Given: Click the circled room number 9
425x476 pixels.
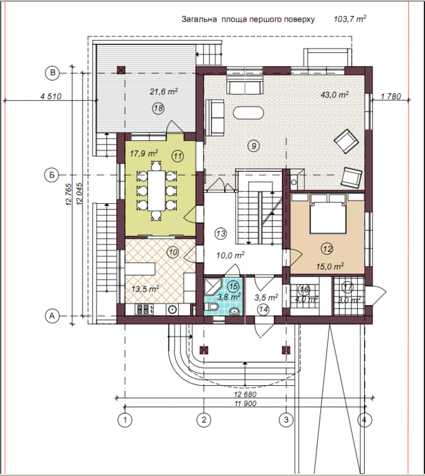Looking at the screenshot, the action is [253, 146].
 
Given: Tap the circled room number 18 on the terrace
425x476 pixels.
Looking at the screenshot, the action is [158, 109].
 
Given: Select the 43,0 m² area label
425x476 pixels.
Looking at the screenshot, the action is [334, 95].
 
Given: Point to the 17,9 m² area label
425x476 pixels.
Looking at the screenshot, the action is [144, 154].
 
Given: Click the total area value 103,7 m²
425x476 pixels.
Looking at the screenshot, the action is [349, 19].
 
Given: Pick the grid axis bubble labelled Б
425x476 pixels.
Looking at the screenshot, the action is [52, 175].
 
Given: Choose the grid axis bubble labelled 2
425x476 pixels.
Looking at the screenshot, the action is [203, 420].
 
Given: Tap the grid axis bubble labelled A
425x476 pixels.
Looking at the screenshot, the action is [52, 315].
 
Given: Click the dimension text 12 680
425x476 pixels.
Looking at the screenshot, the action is [245, 394].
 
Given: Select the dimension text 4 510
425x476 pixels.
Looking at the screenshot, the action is [51, 96].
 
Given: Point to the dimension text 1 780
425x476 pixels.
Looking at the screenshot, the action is [391, 96].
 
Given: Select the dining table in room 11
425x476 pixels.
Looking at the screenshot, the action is [156, 190].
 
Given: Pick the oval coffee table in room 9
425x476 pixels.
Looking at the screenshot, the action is [248, 112].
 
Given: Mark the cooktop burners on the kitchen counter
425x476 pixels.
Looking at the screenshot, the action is [144, 309].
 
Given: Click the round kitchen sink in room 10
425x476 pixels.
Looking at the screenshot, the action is [172, 310].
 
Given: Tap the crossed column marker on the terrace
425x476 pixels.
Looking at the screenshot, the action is [121, 70].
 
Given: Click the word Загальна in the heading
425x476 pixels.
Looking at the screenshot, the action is [199, 20].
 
